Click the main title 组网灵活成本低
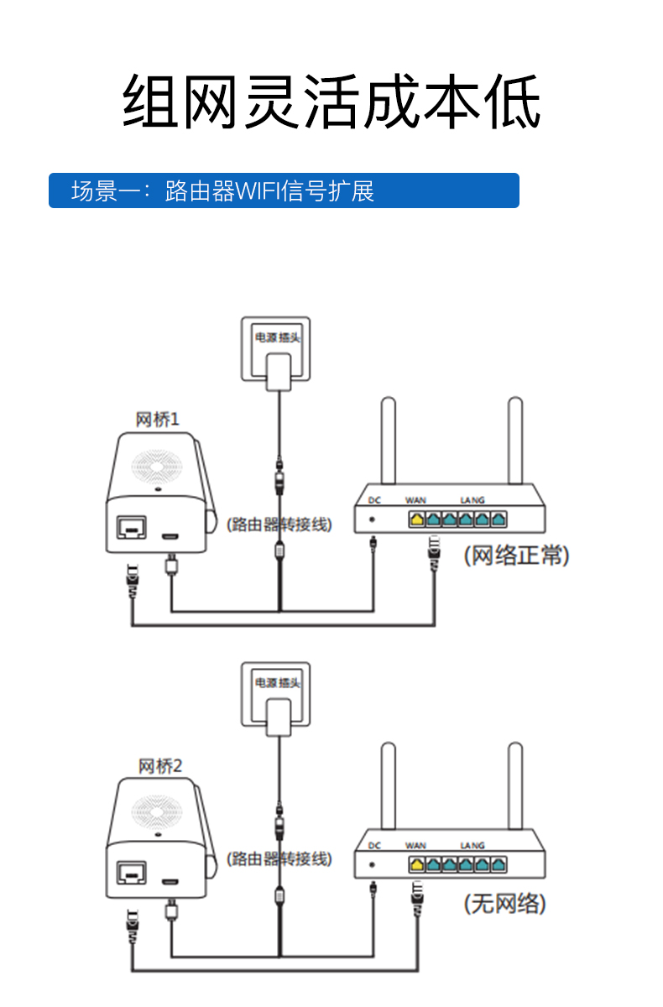pos(331,101)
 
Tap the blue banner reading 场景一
pos(284,190)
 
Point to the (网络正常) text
pos(516,556)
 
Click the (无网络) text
pos(505,904)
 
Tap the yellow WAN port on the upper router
pos(416,519)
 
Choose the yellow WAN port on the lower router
pos(416,864)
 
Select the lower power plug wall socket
pos(276,697)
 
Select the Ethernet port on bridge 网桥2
pos(131,874)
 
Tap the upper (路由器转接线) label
pos(279,524)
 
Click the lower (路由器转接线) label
pos(279,859)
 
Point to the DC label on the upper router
pos(374,500)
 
